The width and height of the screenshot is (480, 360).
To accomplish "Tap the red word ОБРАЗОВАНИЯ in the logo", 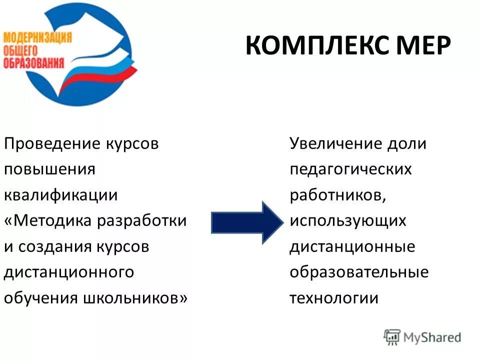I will pyautogui.click(x=33, y=63).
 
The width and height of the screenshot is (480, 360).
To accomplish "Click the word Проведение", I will pyautogui.click(x=52, y=143).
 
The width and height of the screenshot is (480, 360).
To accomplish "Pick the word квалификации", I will pyautogui.click(x=60, y=195).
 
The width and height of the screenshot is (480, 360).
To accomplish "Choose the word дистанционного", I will pyautogui.click(x=68, y=272).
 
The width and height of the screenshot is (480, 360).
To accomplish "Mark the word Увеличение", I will pyautogui.click(x=335, y=143).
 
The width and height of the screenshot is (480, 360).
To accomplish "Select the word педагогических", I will pyautogui.click(x=350, y=169).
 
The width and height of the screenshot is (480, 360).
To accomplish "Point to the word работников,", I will pyautogui.click(x=338, y=195).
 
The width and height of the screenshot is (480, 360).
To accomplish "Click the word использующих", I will pyautogui.click(x=348, y=221).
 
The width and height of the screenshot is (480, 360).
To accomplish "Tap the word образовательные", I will pyautogui.click(x=359, y=272).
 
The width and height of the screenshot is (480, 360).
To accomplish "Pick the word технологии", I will pyautogui.click(x=334, y=298).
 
